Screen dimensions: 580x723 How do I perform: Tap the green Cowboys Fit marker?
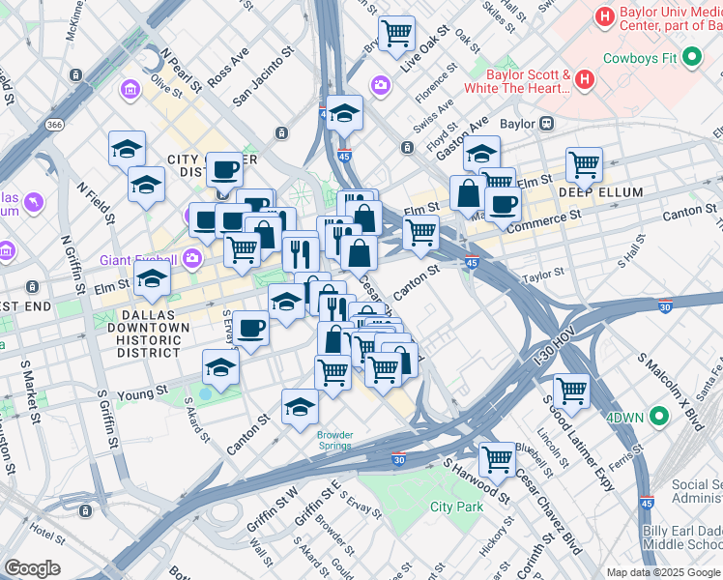pyautogui.click(x=691, y=58)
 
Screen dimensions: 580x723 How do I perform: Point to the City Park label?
pyautogui.click(x=456, y=507)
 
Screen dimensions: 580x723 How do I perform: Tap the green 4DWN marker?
pyautogui.click(x=660, y=418)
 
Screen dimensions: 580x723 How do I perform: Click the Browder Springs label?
pyautogui.click(x=335, y=440)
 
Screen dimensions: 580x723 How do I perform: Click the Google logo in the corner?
pyautogui.click(x=33, y=568)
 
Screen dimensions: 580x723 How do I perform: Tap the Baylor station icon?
pyautogui.click(x=546, y=124)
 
